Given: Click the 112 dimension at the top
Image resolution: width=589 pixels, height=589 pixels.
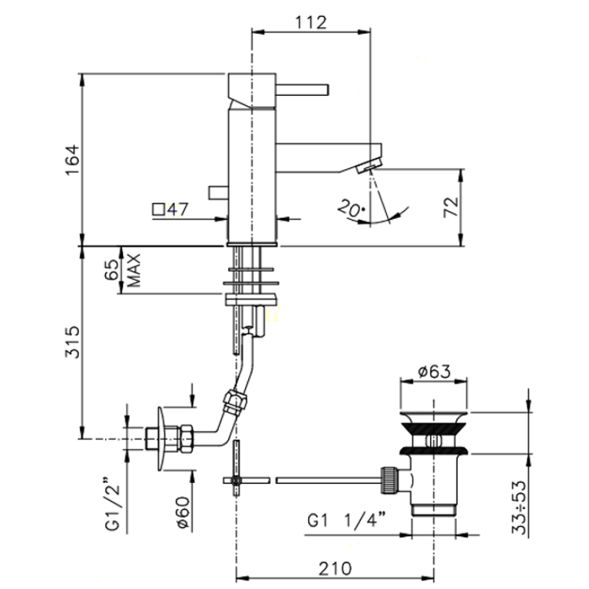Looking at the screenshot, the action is coord(311,22).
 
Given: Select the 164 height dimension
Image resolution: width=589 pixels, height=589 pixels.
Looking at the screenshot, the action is coord(73,159).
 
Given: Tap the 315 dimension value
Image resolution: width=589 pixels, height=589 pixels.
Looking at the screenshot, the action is coord(73,342).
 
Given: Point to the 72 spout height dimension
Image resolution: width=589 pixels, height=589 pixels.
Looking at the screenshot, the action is coord(451,207).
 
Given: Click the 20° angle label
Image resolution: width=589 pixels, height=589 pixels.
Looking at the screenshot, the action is coord(352,208).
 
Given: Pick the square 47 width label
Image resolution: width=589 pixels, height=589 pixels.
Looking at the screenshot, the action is coord(170,209).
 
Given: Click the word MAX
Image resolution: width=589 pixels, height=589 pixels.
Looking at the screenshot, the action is coord(134,270).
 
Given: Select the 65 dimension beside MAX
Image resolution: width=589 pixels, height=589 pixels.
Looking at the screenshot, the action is coord(111,270).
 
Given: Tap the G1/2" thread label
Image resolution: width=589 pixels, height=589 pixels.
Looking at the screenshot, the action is coord(112,504).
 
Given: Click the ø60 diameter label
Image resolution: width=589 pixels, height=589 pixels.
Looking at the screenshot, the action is coord(184,512).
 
